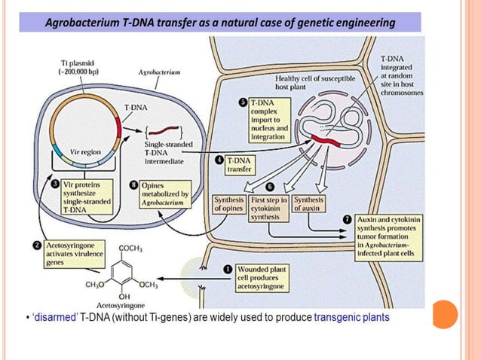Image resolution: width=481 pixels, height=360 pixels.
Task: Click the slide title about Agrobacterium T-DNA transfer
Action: [220, 23]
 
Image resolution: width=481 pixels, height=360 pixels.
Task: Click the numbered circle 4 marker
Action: [219, 160]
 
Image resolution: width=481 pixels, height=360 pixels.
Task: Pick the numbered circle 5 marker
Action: [242, 102]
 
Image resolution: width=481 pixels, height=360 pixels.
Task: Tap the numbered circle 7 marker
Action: [347, 218]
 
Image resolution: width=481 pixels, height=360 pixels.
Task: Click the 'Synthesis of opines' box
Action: [229, 204]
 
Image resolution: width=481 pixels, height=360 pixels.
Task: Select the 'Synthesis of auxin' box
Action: [308, 204]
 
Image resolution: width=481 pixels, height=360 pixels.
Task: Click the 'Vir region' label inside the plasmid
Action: [85, 151]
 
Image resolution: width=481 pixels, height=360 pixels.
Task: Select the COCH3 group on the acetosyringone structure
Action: [133, 248]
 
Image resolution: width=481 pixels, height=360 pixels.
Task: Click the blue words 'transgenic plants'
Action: [351, 319]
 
